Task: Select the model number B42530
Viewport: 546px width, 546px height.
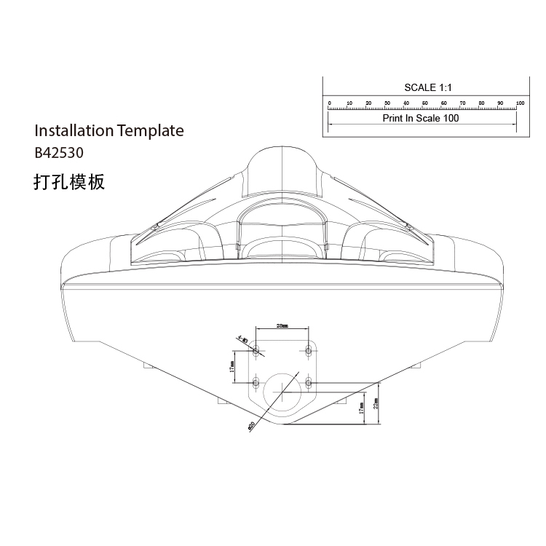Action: pyautogui.click(x=59, y=154)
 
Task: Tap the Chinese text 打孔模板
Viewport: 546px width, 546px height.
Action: pyautogui.click(x=69, y=181)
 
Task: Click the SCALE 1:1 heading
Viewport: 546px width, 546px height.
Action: pyautogui.click(x=428, y=87)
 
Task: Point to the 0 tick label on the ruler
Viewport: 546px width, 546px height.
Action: pyautogui.click(x=330, y=103)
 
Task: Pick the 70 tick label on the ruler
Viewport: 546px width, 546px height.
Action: pyautogui.click(x=463, y=103)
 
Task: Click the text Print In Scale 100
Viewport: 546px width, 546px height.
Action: pyautogui.click(x=422, y=118)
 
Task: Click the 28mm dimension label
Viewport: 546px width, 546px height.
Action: pyautogui.click(x=282, y=326)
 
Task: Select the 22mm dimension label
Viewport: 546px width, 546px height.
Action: pyautogui.click(x=376, y=403)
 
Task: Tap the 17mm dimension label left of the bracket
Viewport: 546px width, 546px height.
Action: pyautogui.click(x=232, y=366)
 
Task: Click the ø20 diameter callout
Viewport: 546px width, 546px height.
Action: pyautogui.click(x=250, y=424)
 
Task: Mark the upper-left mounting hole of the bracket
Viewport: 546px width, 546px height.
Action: pyautogui.click(x=256, y=350)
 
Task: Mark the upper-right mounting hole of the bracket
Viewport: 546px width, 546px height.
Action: pyautogui.click(x=309, y=350)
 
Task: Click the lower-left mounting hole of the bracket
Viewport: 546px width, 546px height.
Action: pyautogui.click(x=256, y=381)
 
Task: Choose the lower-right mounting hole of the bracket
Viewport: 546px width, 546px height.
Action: pyautogui.click(x=309, y=381)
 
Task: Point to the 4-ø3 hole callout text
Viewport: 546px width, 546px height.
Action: pyautogui.click(x=242, y=339)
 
